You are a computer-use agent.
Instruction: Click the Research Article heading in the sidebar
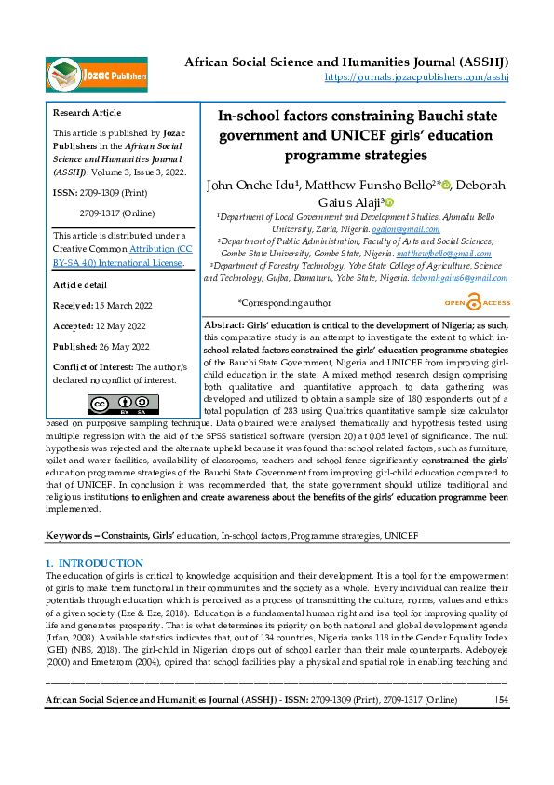(88, 113)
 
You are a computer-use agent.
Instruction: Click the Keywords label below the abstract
(73, 537)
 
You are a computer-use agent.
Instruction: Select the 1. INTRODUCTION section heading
(95, 564)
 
